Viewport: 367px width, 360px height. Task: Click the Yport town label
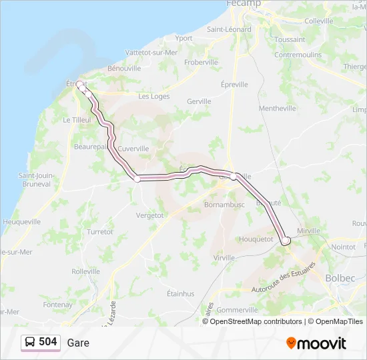(183, 38)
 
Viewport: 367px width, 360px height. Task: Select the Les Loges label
(153, 96)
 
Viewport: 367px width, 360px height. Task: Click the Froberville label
(201, 62)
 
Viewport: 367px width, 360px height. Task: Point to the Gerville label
(199, 101)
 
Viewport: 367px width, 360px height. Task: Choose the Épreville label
(234, 85)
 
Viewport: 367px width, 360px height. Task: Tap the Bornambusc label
(224, 204)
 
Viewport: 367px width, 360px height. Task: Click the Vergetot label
(149, 215)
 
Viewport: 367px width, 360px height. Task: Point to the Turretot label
(99, 231)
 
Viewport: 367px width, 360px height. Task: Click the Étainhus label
(180, 293)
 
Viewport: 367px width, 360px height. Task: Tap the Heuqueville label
(21, 221)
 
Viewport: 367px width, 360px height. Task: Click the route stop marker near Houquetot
(286, 241)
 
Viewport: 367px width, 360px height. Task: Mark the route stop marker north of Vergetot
(137, 178)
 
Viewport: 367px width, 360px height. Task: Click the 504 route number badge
(41, 342)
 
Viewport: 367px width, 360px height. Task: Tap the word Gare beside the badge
(78, 343)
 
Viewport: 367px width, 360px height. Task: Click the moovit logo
(316, 343)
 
